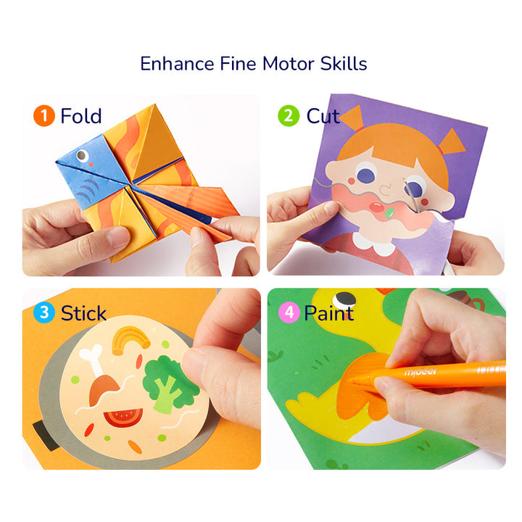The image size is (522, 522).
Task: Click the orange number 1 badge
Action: coord(44,116)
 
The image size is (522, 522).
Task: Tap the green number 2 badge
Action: coord(289,116)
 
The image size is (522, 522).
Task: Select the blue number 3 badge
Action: coord(44,313)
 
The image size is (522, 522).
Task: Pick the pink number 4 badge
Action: coord(289,313)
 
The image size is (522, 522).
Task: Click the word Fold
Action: coord(80,116)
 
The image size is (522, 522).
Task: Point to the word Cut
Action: coord(323,116)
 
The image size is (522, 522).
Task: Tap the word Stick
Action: coord(83,313)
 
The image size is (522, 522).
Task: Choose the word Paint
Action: coord(328,313)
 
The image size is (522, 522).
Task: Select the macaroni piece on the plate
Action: coord(128,340)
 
